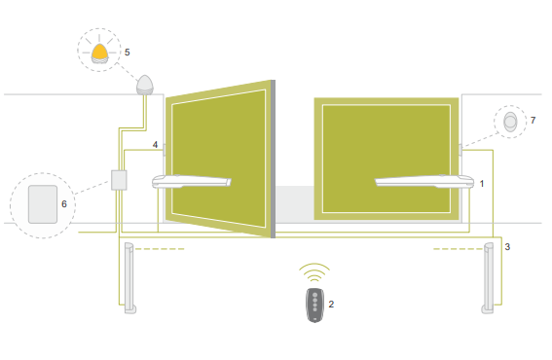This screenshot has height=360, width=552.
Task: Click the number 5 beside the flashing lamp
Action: (128, 53)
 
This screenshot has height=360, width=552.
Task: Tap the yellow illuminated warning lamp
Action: (99, 54)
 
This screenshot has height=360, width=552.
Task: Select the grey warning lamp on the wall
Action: (145, 85)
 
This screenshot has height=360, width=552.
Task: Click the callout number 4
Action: (155, 145)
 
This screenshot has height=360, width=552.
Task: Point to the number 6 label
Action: (64, 204)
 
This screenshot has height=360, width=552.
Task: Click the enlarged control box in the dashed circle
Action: (43, 204)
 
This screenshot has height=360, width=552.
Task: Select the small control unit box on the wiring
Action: (119, 180)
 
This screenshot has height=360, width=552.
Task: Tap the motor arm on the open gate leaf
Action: (192, 181)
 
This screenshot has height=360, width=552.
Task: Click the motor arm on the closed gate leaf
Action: (424, 181)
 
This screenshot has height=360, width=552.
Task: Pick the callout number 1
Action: (482, 184)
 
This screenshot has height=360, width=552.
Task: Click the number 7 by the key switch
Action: (533, 121)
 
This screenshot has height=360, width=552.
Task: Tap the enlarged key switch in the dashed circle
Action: (510, 122)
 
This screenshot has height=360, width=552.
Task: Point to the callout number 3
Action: (507, 247)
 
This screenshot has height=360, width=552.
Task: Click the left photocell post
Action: (129, 278)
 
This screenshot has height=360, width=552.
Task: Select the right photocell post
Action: (489, 278)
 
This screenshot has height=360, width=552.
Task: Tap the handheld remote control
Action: (315, 306)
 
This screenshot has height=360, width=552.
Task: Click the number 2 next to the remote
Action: (331, 305)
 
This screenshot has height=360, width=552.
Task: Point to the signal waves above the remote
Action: (314, 272)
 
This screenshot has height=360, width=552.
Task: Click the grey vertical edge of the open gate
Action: (273, 159)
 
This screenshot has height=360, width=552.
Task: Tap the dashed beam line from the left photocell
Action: (160, 249)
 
